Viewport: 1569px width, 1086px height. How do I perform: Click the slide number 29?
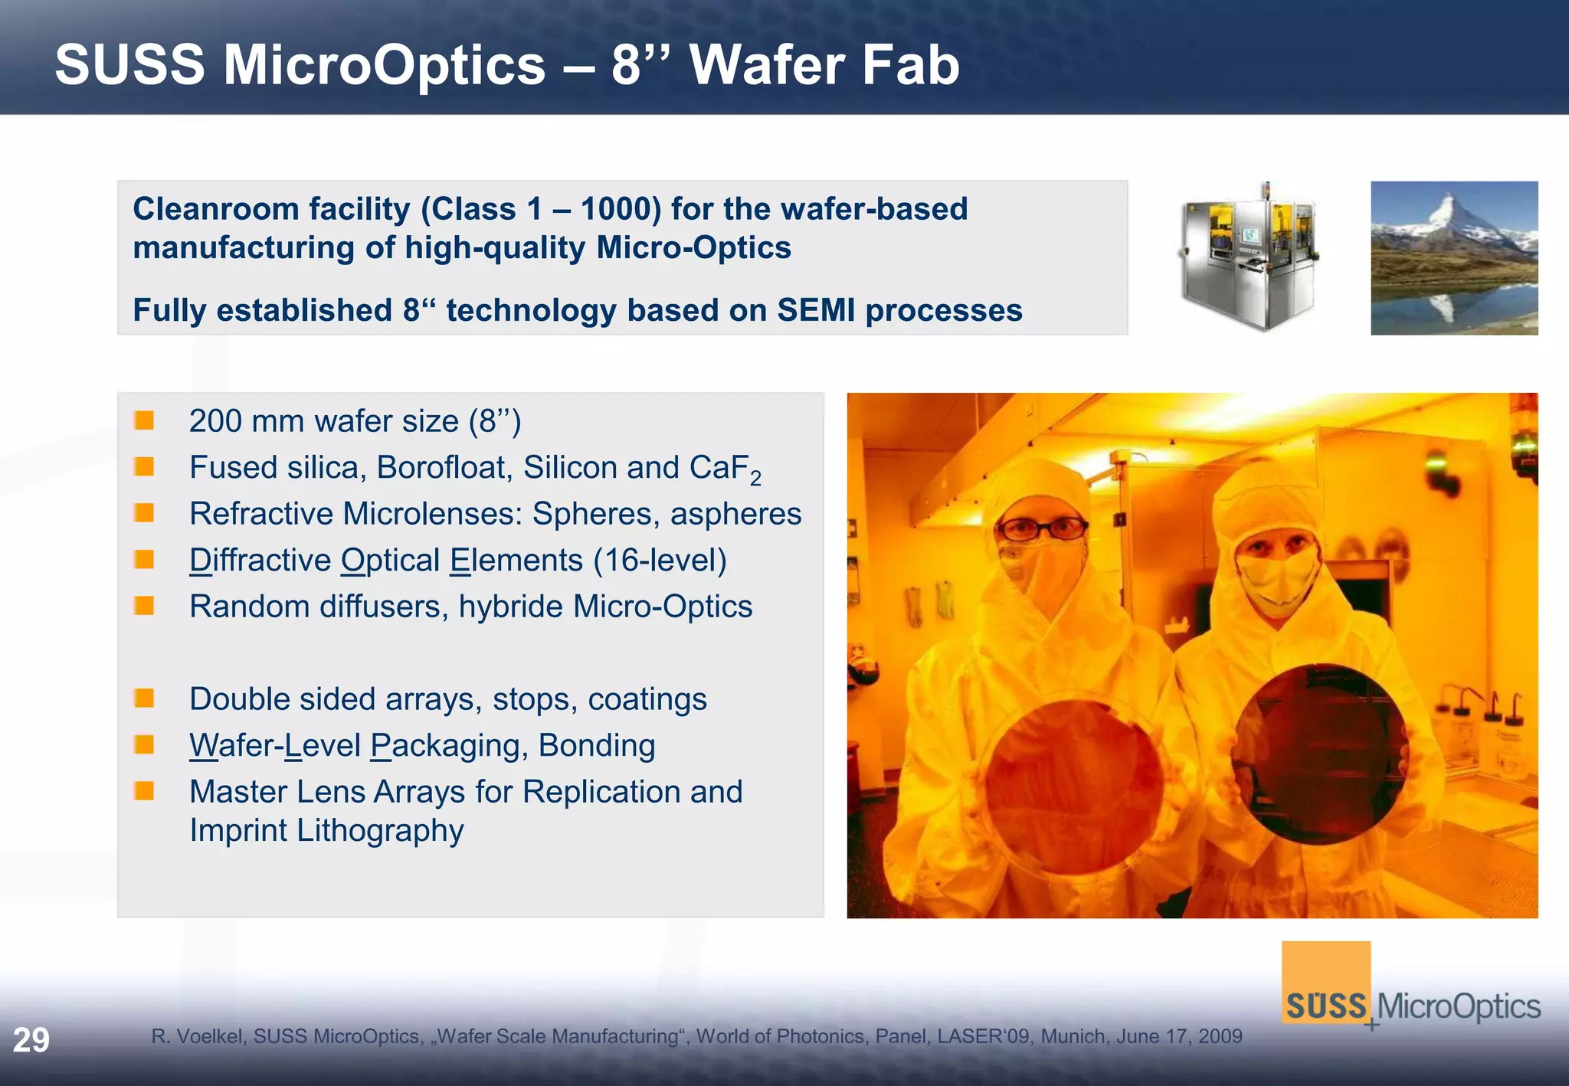tap(31, 1040)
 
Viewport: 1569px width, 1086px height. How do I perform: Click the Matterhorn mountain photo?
tap(1453, 257)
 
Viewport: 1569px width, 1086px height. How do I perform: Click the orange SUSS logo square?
tap(1325, 980)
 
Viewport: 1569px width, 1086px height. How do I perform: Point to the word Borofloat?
tap(443, 467)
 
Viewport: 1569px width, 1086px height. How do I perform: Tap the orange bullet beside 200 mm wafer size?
tap(144, 420)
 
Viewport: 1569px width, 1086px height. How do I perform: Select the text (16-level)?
tap(660, 561)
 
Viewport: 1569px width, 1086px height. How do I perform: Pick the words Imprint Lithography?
tap(326, 831)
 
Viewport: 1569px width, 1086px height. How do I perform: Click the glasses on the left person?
tap(1043, 528)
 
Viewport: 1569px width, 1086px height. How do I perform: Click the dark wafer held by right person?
tap(1319, 754)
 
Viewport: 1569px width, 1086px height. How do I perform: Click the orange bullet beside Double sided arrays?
tap(144, 698)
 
